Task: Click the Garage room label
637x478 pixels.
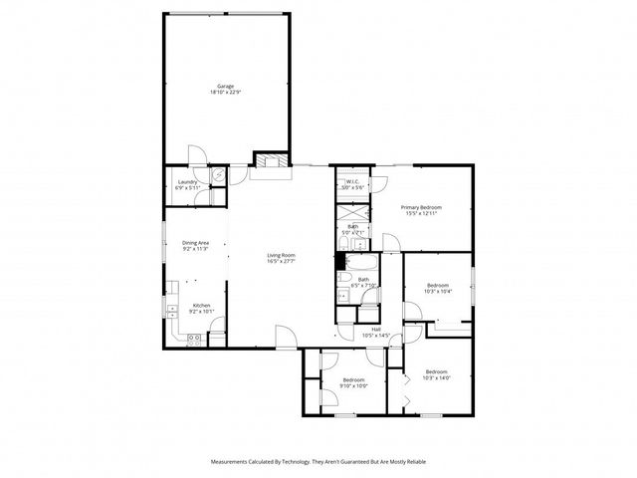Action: (226, 86)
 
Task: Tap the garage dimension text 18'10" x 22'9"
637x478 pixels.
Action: (226, 92)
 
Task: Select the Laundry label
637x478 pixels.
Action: (186, 181)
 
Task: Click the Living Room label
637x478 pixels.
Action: (281, 255)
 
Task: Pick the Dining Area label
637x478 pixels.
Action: (194, 243)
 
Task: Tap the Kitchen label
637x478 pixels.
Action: (202, 305)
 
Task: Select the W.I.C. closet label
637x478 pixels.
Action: (352, 181)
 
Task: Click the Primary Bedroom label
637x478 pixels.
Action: (421, 206)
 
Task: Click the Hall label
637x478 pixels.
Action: (376, 329)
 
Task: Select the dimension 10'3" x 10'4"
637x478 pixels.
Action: (438, 292)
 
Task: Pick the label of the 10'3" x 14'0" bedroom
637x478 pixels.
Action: (436, 371)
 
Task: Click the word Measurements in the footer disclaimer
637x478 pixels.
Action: (233, 462)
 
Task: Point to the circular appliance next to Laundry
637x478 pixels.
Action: (217, 172)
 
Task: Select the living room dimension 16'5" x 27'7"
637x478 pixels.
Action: (281, 261)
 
